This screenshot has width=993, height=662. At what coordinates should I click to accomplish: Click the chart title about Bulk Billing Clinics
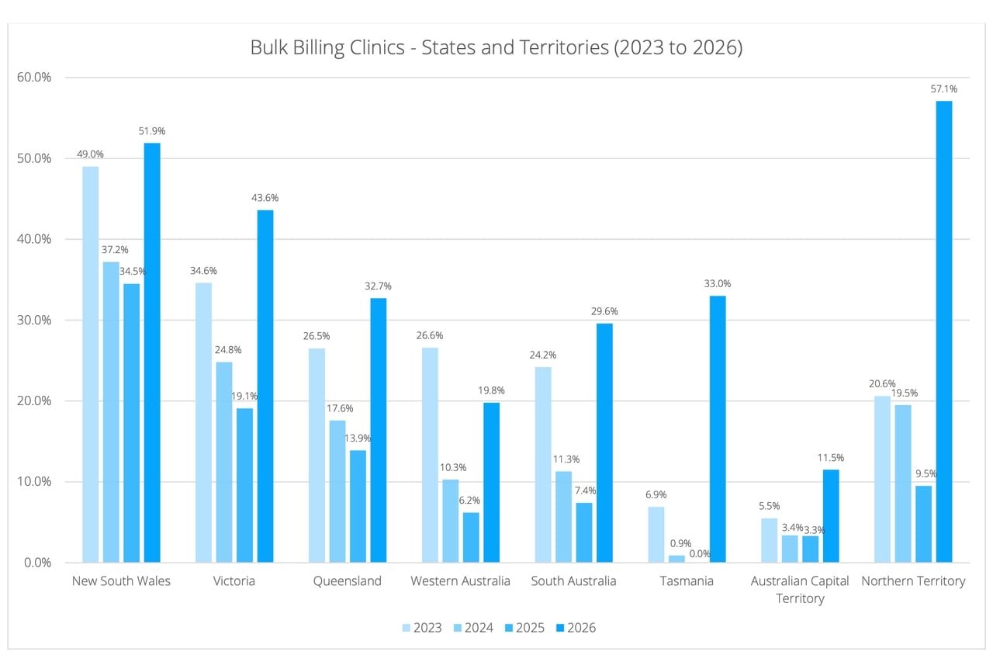[496, 47]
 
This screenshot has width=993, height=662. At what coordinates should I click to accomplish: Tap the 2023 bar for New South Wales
[91, 364]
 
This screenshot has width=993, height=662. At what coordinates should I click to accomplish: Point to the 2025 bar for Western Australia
[471, 537]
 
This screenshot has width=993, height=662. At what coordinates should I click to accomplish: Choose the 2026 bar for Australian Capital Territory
[831, 515]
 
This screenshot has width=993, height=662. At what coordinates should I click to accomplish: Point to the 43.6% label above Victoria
[265, 198]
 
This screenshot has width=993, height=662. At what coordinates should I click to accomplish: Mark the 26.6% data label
[430, 335]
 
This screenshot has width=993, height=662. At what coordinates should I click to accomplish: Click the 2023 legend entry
[422, 627]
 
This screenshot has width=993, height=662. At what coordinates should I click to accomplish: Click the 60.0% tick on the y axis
[33, 78]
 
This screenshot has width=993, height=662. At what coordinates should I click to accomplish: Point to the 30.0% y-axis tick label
[33, 320]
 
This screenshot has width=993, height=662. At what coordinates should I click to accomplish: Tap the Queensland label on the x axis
[347, 581]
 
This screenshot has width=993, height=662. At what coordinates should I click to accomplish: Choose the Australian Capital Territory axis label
[800, 589]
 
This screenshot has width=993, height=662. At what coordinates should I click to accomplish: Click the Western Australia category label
[460, 581]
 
